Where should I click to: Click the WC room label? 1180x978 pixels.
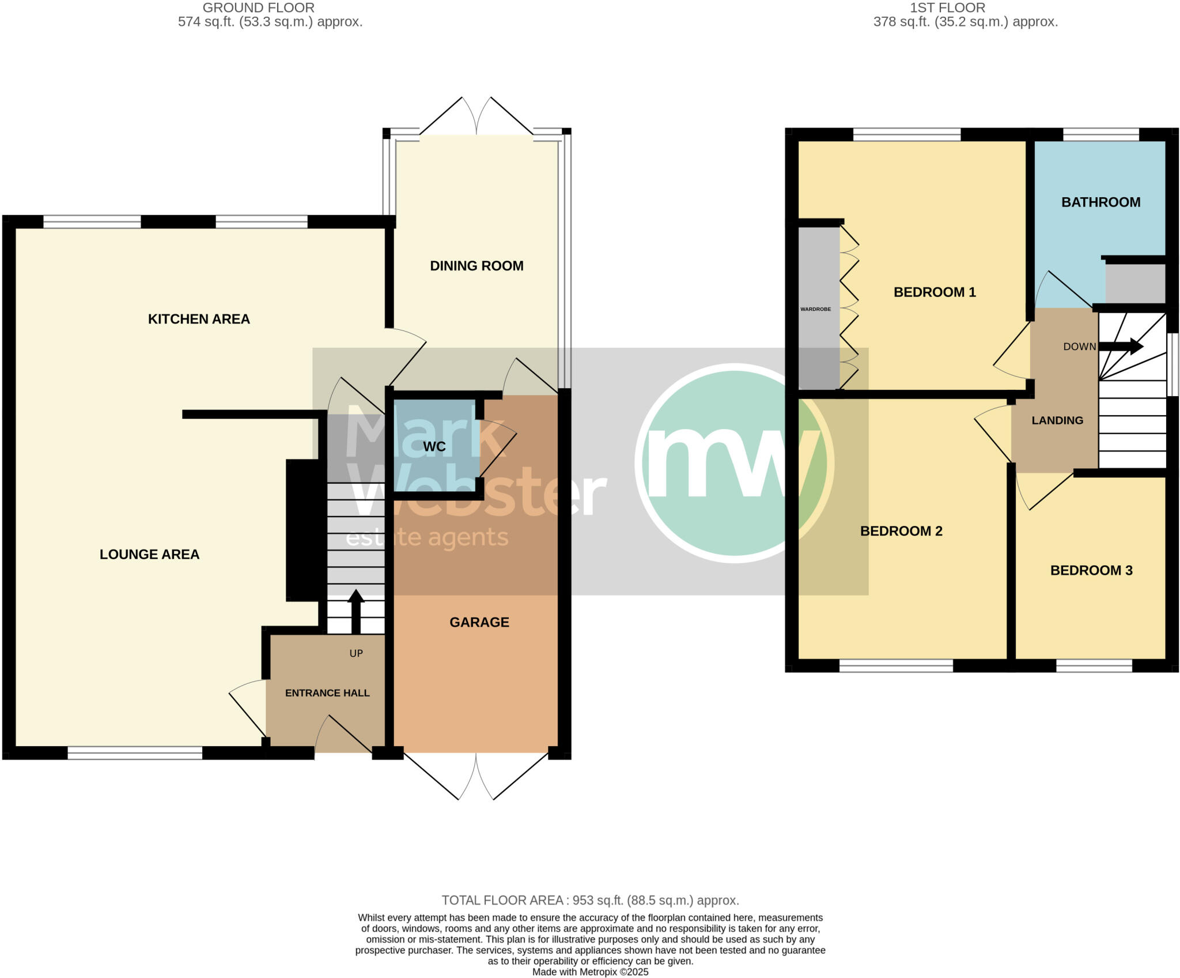pos(434,447)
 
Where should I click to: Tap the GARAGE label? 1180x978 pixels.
pos(479,622)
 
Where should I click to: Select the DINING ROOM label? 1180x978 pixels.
pos(476,266)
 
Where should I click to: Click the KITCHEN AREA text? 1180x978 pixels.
pos(199,319)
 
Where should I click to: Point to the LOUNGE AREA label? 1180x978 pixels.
pos(149,554)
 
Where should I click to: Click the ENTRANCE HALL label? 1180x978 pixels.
pos(327,693)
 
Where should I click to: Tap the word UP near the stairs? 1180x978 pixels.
pos(356,653)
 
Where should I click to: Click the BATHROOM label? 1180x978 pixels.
pos(1100,202)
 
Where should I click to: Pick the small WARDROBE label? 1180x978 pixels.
pos(815,309)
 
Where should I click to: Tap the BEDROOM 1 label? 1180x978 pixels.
pos(935,292)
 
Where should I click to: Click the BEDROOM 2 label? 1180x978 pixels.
pos(901,531)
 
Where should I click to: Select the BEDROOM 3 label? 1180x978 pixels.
pos(1091,570)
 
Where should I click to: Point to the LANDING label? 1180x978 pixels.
pos(1057,420)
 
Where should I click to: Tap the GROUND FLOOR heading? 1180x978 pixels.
pos(258,8)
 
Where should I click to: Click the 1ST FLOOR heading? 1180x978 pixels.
pos(947,8)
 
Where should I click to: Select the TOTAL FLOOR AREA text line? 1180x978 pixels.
pos(590,900)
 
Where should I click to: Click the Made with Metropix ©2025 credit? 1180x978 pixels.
pos(590,972)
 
